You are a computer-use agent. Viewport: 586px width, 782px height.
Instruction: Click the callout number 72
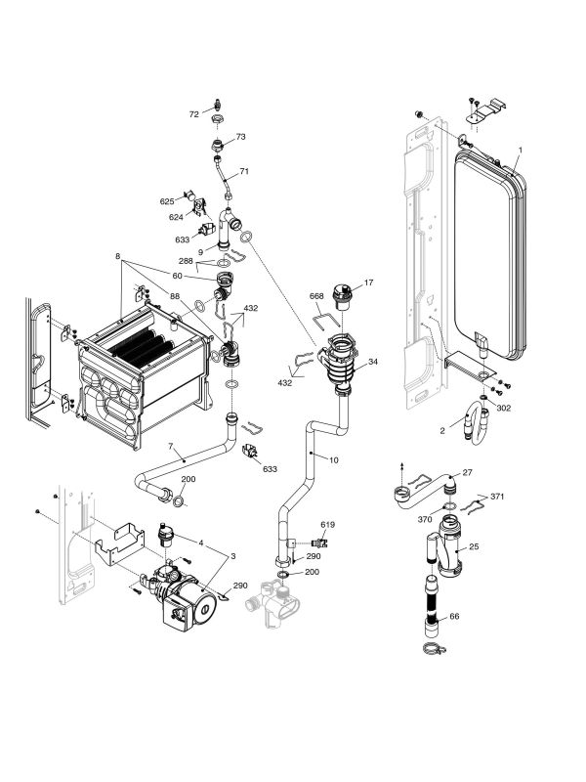[x=193, y=114]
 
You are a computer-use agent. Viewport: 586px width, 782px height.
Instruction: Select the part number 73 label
[x=241, y=137]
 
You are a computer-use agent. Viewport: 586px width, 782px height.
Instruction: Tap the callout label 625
[x=167, y=201]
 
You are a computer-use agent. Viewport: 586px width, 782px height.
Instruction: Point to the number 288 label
[x=185, y=261]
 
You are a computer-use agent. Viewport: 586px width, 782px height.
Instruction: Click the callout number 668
[x=316, y=296]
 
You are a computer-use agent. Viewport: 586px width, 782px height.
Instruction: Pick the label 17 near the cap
[x=369, y=283]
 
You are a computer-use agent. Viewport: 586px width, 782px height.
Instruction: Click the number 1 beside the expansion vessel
[x=521, y=150]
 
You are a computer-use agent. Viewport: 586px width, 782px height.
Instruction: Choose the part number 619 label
[x=327, y=525]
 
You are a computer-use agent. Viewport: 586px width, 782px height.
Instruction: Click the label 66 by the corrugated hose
[x=453, y=617]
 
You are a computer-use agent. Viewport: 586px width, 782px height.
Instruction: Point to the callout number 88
[x=175, y=297]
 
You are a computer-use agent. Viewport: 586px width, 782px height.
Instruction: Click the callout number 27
[x=467, y=473]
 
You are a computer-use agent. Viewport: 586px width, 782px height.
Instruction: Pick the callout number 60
[x=179, y=277]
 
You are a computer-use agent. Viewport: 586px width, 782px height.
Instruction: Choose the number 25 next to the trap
[x=475, y=546]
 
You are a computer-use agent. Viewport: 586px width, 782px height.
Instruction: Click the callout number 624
[x=177, y=216]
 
